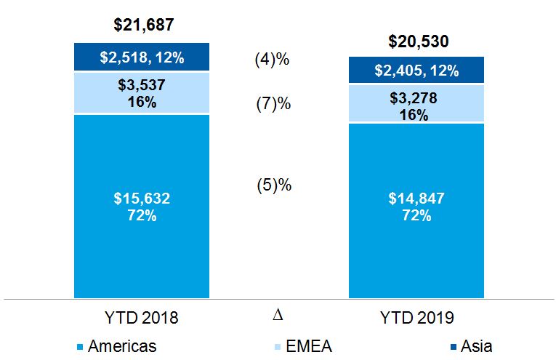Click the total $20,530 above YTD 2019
416,41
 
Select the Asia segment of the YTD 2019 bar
416,71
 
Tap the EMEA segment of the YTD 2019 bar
416,104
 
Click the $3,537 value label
141,85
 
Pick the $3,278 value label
415,97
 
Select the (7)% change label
273,104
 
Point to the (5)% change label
273,185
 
